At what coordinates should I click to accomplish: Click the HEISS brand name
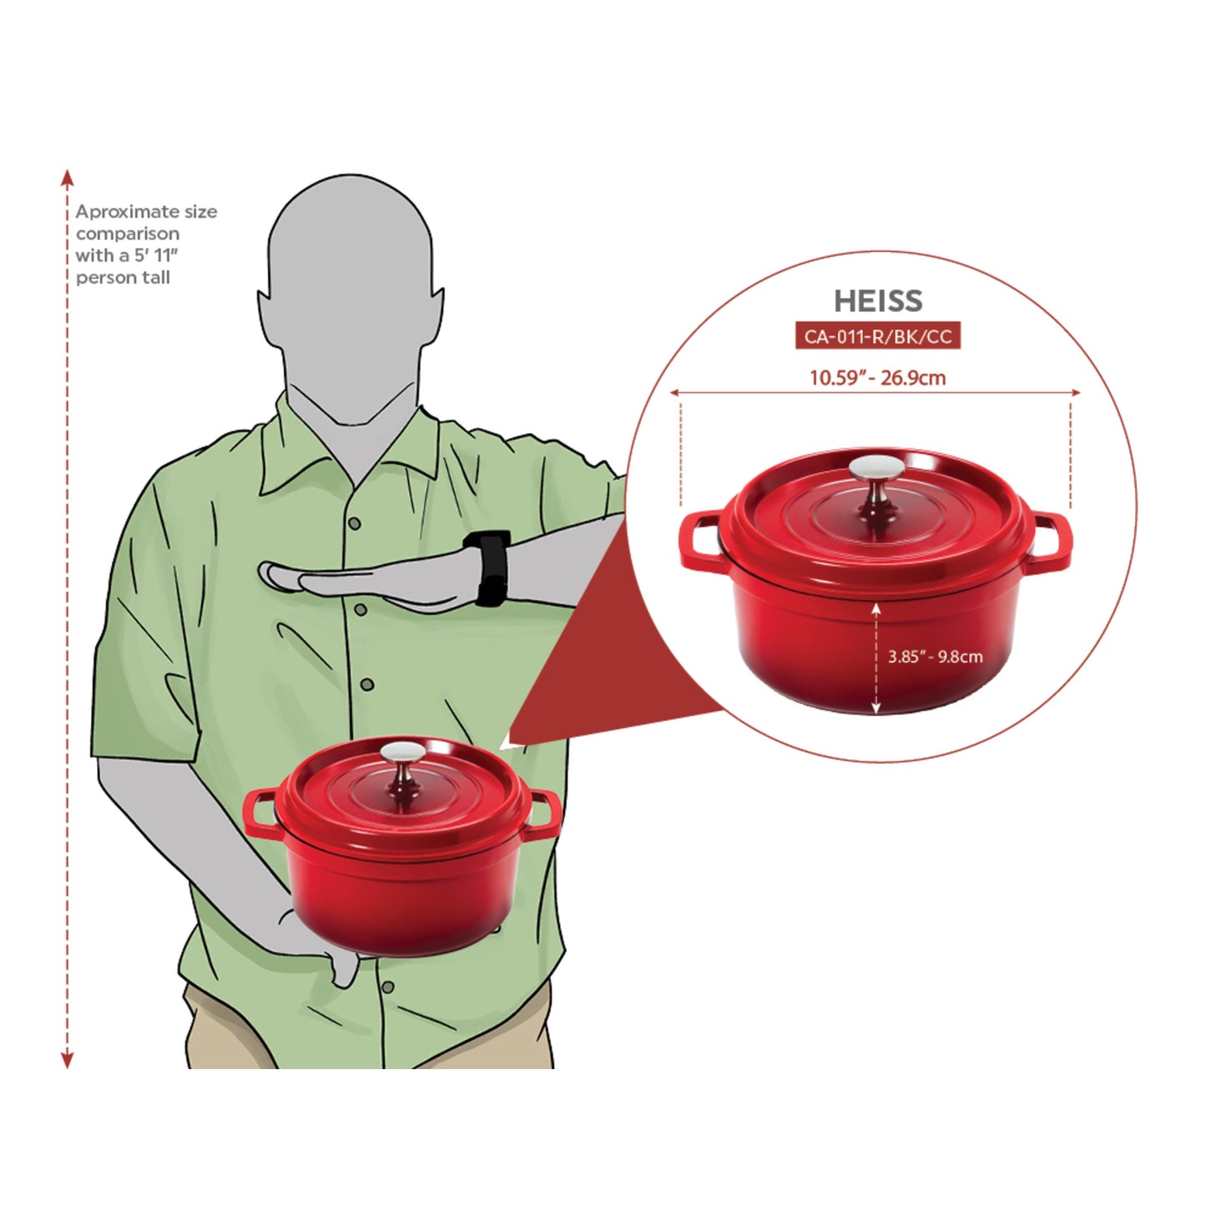(x=877, y=300)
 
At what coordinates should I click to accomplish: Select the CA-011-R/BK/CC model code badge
(x=877, y=336)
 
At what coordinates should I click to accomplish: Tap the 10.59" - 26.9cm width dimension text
(x=877, y=377)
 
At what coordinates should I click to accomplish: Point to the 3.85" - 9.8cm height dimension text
(x=935, y=657)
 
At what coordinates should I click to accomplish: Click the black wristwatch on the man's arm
(x=489, y=568)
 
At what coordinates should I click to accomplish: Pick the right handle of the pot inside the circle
(x=1051, y=542)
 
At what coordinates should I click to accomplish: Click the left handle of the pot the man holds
(x=260, y=814)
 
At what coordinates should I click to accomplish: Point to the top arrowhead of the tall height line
(x=68, y=178)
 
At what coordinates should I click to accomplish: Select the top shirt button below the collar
(x=355, y=523)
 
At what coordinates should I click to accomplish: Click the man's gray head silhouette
(x=351, y=275)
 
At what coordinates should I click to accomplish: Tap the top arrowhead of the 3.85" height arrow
(x=875, y=608)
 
